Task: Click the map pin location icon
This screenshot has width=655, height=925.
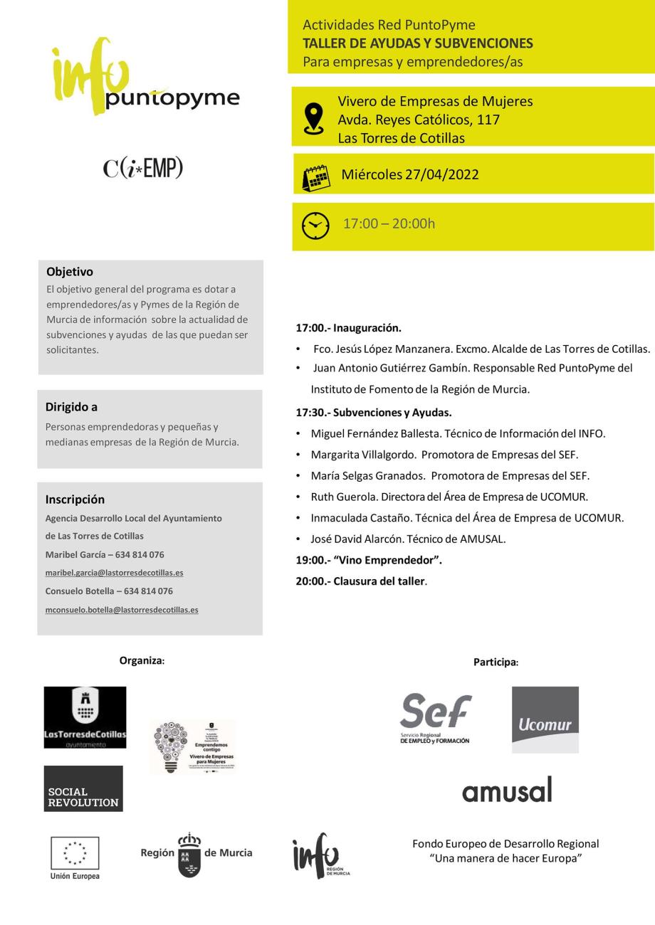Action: coord(313,117)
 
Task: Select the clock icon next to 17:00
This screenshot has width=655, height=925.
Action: coord(316,226)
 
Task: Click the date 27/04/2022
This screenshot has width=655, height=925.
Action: coord(441,174)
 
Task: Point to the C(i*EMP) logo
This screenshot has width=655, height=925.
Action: coord(143,168)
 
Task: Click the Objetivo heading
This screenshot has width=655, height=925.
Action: coord(70,271)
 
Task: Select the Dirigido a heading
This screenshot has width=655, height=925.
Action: coord(71,407)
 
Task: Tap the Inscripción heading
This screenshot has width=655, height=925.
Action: coord(75,499)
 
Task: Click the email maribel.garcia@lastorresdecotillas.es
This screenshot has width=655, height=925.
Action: coord(114,573)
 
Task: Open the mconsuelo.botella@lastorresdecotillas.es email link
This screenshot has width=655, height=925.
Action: coord(122,610)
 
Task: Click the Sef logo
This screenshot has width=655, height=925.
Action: coord(435,717)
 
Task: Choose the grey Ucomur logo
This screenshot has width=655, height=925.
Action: coord(545,719)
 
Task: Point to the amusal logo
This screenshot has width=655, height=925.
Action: coord(507,789)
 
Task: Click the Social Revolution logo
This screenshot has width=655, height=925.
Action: coord(83,788)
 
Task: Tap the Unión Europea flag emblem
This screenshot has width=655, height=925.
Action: coord(75,853)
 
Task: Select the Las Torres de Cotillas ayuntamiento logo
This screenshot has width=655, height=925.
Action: coord(85,717)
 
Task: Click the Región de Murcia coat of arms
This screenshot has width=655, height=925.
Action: coord(189,855)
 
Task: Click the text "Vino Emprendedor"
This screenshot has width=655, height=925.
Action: coord(387,560)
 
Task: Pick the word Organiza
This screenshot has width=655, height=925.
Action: coord(141,660)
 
